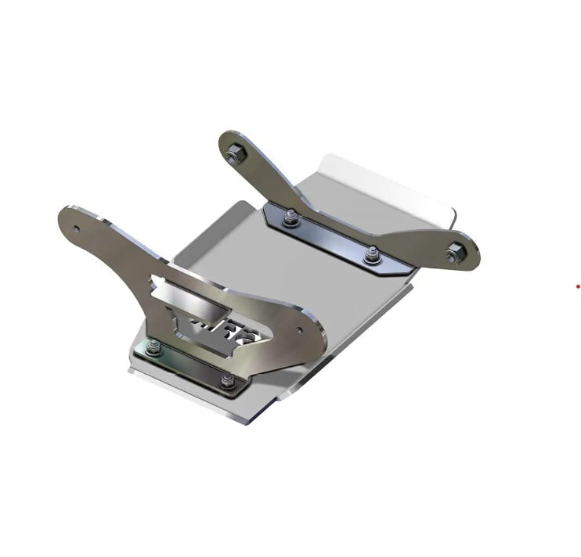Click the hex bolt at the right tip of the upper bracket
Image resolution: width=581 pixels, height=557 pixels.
click(x=455, y=253)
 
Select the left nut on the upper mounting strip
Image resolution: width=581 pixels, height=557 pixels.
click(x=290, y=220)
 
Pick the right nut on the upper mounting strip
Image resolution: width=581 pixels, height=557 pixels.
click(x=373, y=255)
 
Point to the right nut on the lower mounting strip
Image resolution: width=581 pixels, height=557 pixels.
click(x=227, y=381)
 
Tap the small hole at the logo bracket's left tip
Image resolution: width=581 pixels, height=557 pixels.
click(x=76, y=229)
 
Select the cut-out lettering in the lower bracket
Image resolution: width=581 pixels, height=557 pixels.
click(x=227, y=328)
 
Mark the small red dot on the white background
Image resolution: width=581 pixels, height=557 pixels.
click(x=578, y=286)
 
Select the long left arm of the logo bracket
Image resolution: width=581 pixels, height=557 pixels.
click(x=117, y=239)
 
